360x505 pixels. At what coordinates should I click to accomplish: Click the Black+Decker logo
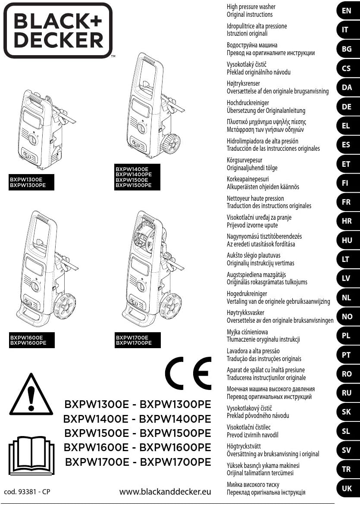pos(58,30)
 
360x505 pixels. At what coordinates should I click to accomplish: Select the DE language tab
pos(347,106)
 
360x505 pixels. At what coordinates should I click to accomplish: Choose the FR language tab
pos(347,202)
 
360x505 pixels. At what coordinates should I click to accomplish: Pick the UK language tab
pos(347,488)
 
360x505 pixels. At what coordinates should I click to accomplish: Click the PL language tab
pos(347,336)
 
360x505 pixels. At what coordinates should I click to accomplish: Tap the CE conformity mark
pos(188,373)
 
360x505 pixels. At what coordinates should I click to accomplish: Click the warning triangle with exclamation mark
pos(31,395)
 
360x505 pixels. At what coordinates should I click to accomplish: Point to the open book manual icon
pos(31,454)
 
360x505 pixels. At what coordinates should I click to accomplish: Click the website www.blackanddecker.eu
pos(165,491)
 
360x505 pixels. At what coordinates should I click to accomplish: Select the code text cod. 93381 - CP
pos(27,491)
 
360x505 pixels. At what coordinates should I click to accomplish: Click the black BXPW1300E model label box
pos(28,182)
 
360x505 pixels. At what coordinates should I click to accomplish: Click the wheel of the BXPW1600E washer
pos(65,307)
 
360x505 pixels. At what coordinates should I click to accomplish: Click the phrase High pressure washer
pos(251,7)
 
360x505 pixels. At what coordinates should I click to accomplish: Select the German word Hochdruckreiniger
pos(248,103)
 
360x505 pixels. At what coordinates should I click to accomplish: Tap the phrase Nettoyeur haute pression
pos(255,199)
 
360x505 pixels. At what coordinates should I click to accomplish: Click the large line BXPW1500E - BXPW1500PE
pos(138,433)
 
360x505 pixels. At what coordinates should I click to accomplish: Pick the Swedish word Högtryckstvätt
pos(244,446)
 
